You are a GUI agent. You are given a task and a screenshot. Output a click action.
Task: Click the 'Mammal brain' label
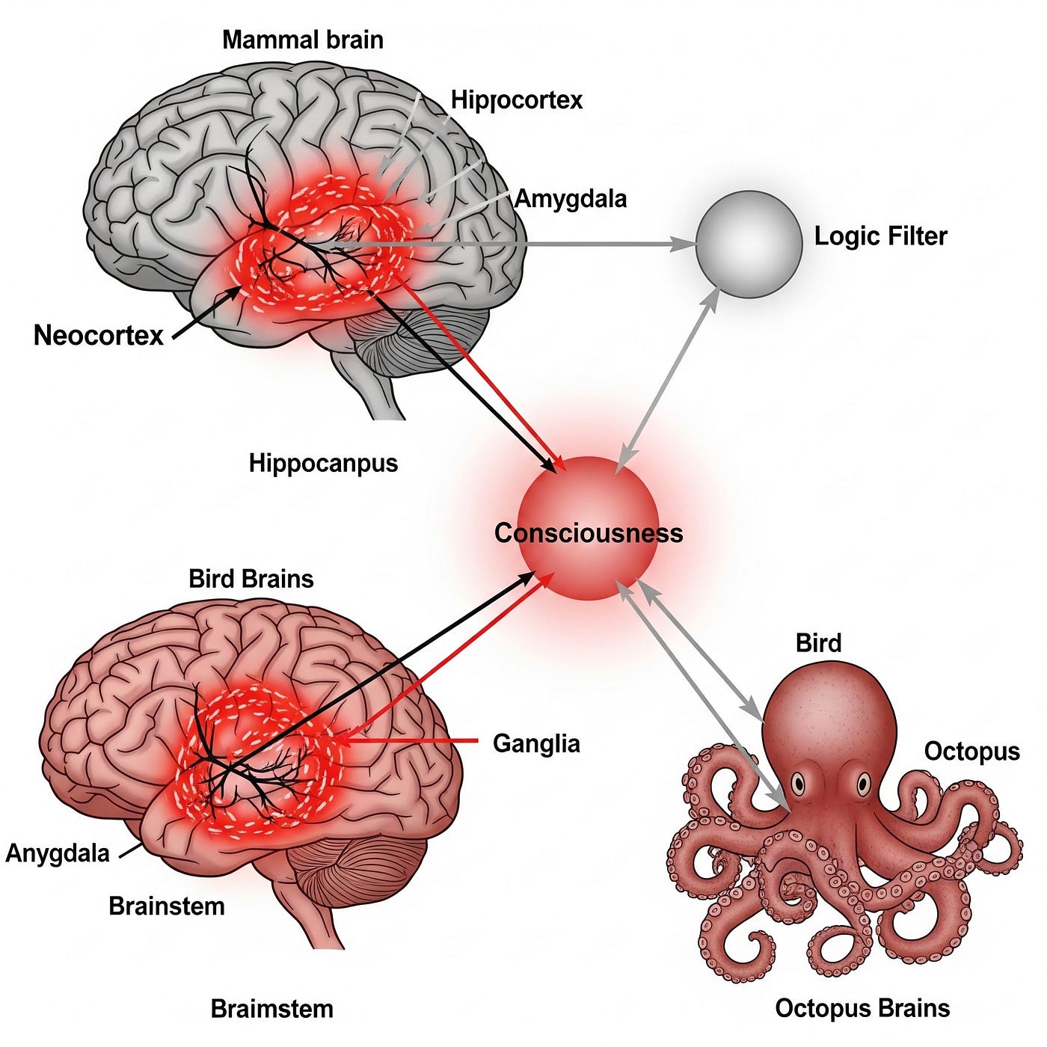click(302, 40)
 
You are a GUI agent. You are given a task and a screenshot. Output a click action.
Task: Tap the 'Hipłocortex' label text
click(516, 100)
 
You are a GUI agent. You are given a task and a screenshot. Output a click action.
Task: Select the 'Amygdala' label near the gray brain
click(571, 199)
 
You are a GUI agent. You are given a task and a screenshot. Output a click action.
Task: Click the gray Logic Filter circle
click(749, 244)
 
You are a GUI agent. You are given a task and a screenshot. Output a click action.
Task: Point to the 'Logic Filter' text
click(880, 236)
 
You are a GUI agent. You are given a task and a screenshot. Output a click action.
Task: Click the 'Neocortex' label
click(98, 335)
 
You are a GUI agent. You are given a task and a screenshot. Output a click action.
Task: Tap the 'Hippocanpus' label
click(323, 463)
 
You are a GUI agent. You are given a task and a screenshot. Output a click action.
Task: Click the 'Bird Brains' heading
click(251, 579)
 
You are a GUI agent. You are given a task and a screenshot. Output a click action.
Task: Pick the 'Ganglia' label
click(536, 743)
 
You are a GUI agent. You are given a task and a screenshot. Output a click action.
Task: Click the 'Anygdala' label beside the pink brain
click(58, 853)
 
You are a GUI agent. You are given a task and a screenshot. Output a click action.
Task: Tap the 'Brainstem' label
click(166, 906)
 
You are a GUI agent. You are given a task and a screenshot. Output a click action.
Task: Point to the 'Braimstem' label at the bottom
click(271, 1009)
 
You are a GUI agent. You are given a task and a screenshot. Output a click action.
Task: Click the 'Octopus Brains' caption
click(862, 1008)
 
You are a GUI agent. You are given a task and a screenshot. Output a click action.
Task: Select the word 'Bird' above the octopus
click(818, 643)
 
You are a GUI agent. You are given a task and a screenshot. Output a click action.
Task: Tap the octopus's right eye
click(864, 784)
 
